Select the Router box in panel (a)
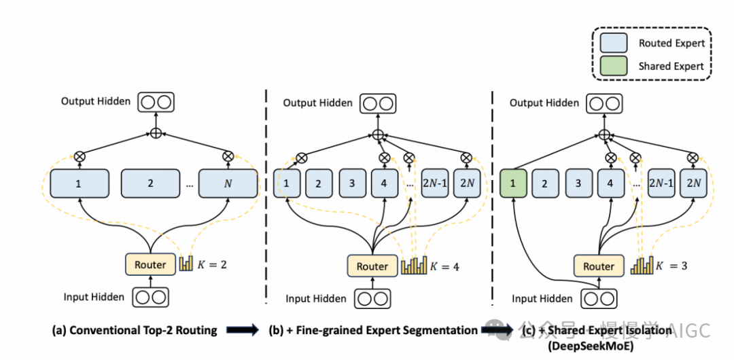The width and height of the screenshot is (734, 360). tap(150, 264)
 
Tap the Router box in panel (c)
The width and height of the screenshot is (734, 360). tap(598, 266)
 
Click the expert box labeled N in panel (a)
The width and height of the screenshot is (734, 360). tap(228, 183)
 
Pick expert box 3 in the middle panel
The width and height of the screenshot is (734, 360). tap(351, 183)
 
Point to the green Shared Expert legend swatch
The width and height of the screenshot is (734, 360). tap(614, 67)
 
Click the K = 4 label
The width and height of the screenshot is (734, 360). tap(446, 266)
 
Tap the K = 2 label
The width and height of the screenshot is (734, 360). tap(213, 264)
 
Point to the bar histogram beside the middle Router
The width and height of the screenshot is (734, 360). tap(415, 264)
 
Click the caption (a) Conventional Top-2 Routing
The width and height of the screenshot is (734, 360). tap(135, 330)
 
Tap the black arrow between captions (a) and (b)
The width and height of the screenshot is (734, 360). tap(243, 330)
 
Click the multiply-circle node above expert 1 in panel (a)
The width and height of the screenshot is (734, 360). tap(80, 156)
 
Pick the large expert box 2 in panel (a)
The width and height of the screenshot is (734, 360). tap(150, 183)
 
